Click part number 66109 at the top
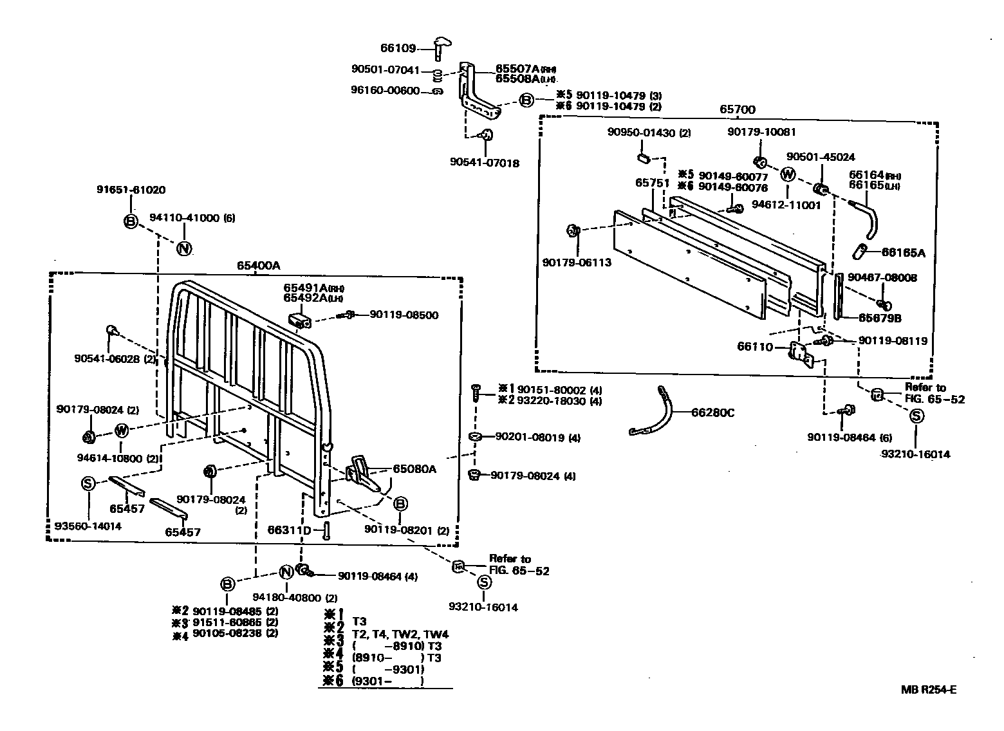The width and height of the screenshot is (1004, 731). coord(398,48)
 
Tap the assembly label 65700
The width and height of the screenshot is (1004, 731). coord(738,109)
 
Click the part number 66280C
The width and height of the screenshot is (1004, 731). coord(712,412)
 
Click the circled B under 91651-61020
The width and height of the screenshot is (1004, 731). coord(131,221)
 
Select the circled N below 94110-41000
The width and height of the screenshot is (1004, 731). coord(184,248)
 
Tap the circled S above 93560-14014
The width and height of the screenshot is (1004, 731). coord(89,483)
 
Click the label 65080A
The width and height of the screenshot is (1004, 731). coord(414,469)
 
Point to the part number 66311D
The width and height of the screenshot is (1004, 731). coord(289,530)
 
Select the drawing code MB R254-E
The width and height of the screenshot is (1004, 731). coord(929,690)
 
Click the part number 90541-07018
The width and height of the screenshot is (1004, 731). coord(485,163)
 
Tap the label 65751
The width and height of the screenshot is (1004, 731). coord(653,183)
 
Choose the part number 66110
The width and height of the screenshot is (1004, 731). coord(754,347)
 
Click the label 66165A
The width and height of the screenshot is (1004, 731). coord(903,253)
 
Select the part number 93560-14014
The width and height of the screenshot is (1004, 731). coord(88,526)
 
